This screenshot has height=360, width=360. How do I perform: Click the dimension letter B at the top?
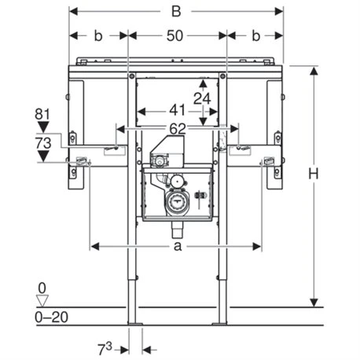[176, 12]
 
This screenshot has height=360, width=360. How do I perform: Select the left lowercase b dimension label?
[97, 36]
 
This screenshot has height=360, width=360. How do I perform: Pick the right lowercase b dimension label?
[255, 36]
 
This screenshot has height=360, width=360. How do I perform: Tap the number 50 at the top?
[176, 36]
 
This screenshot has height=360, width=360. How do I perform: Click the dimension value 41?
[176, 112]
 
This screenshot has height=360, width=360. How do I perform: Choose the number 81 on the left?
[42, 114]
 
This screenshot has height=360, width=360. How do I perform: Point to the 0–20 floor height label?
[43, 315]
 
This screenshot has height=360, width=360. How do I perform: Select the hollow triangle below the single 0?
[42, 299]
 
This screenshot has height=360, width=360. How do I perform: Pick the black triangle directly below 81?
[42, 126]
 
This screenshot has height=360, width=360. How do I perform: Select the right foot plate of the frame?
[221, 321]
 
